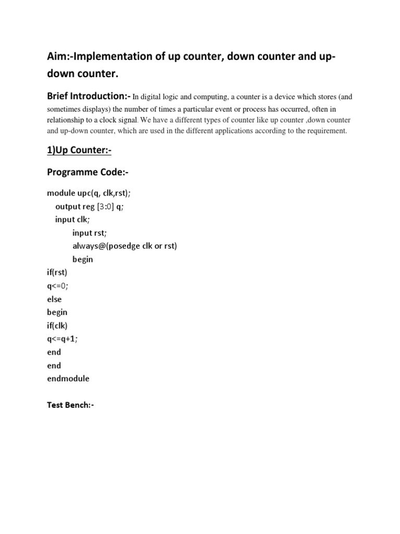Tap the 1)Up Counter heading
coord(79,151)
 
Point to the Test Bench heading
coord(70,405)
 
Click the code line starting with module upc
coord(89,193)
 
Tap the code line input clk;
coord(72,220)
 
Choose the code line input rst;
coord(89,233)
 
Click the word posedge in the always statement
coord(128,246)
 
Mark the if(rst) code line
coord(57,272)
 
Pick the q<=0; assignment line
coord(57,286)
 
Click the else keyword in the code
coord(54,299)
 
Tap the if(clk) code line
coord(57,325)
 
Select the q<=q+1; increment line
coord(62,338)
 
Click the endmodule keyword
coord(68,379)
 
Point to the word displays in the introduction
coord(99,109)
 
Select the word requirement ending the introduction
coord(324,131)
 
